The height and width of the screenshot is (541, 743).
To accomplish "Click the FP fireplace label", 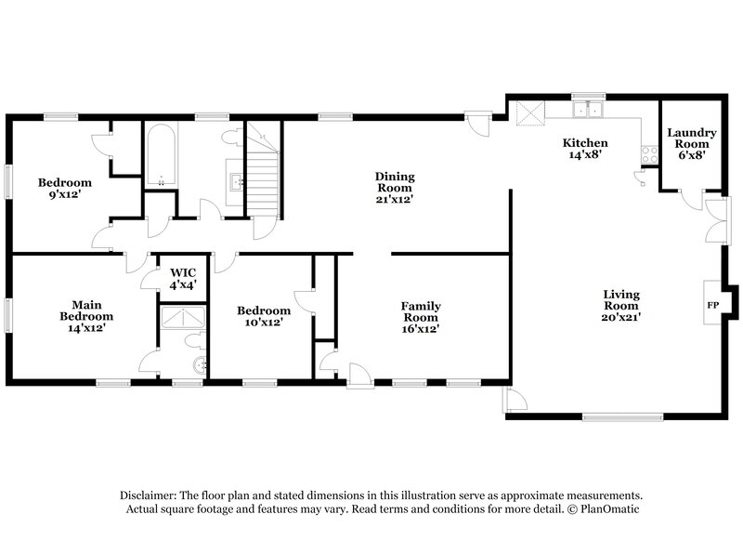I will tap(713, 305).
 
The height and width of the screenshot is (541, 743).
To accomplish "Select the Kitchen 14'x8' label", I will tap(585, 149).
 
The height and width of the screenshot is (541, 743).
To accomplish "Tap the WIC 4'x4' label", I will tap(183, 279).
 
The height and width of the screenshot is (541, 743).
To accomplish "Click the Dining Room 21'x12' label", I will tap(395, 187).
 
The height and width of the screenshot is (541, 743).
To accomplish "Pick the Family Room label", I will tap(420, 317).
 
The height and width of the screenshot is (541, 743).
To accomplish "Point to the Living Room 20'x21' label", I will tap(621, 306).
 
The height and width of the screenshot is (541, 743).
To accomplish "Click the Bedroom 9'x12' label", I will tap(64, 189).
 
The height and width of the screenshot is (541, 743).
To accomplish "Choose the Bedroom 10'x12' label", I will tap(259, 316).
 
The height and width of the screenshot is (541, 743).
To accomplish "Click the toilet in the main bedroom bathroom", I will tap(200, 363).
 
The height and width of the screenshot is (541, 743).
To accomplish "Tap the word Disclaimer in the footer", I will tap(150, 495).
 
